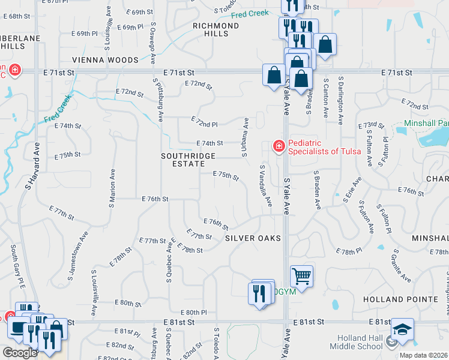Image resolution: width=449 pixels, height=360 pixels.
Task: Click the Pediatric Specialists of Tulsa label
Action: coord(325,147)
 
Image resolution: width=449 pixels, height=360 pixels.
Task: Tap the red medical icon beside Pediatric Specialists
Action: coord(279,146)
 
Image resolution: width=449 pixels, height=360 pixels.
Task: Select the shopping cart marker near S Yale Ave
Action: coord(301,276)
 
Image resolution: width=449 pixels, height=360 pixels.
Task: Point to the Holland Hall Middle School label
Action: coord(361,342)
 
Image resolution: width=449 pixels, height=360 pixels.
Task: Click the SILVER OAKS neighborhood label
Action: coord(253,238)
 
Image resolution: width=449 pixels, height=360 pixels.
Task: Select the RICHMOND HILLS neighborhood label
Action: coord(215,30)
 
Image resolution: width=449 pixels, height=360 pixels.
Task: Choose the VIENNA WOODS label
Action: coord(105,60)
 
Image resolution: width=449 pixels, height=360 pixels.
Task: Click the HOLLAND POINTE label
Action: coord(400,299)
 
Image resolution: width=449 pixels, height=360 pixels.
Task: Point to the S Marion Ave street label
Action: coord(112,188)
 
